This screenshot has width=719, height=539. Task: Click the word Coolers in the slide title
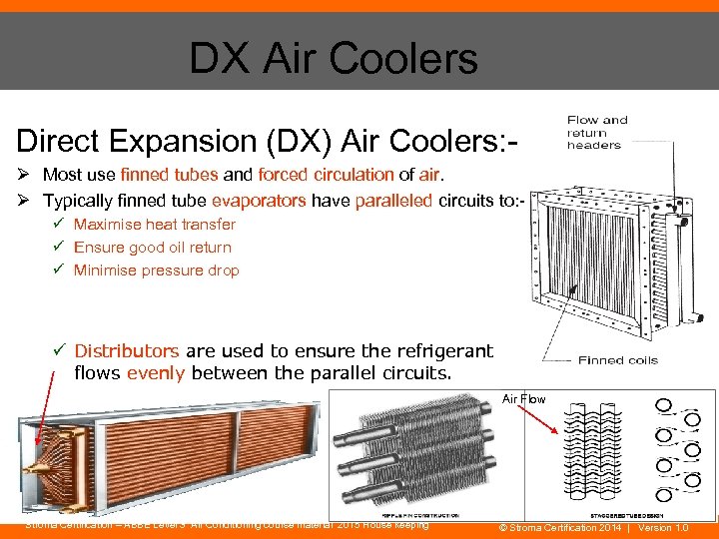[405, 58]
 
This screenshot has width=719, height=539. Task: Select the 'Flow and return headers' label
[597, 132]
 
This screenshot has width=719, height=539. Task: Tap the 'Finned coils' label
[617, 360]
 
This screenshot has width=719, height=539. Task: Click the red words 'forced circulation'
[326, 175]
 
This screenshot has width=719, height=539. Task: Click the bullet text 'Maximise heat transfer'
[154, 225]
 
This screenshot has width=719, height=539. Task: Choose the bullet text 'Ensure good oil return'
[152, 248]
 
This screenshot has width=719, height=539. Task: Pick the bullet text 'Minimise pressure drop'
[156, 270]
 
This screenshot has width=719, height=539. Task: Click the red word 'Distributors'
[127, 351]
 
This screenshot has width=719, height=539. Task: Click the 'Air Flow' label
[523, 399]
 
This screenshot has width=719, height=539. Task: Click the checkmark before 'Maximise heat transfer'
[59, 225]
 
